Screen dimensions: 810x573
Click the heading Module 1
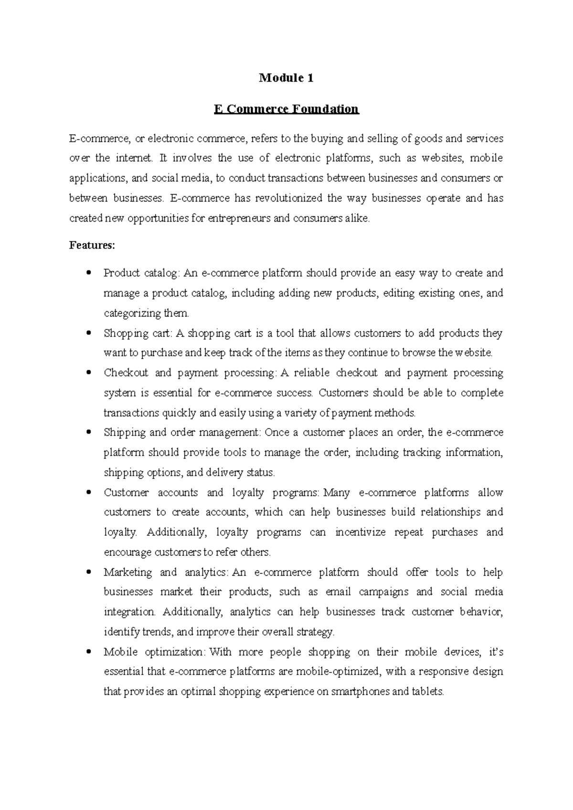286,78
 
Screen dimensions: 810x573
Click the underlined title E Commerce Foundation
286,109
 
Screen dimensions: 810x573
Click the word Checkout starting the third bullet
126,373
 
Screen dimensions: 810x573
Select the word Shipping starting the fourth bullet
125,433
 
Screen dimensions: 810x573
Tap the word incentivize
361,533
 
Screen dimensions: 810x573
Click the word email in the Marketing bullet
338,592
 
